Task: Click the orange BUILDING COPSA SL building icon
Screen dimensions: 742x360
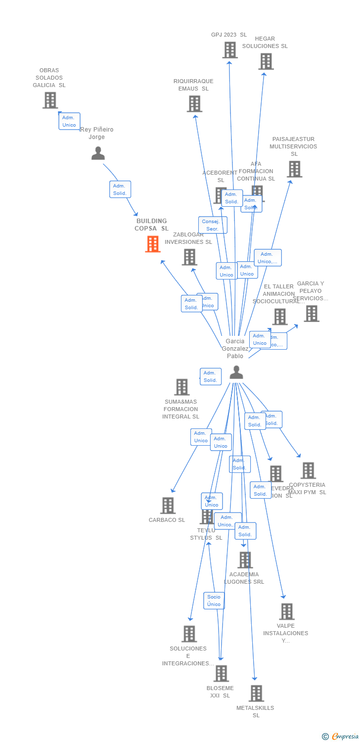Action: pyautogui.click(x=153, y=244)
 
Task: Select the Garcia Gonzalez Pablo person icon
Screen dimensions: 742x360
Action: pyautogui.click(x=236, y=372)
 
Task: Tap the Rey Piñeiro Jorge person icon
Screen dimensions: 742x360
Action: pyautogui.click(x=98, y=153)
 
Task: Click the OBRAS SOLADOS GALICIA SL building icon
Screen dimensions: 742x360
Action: pyautogui.click(x=50, y=100)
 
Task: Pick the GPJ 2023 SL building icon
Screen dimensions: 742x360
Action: pyautogui.click(x=230, y=50)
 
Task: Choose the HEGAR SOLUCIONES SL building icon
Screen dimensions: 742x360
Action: pyautogui.click(x=266, y=61)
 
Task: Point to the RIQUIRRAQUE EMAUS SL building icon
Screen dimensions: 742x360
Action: pyautogui.click(x=194, y=104)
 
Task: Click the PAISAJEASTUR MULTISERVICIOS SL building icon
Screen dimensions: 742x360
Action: pyautogui.click(x=294, y=169)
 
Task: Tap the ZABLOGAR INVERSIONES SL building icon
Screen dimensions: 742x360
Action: pyautogui.click(x=189, y=257)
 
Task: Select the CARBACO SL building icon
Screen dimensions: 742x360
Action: pyautogui.click(x=168, y=506)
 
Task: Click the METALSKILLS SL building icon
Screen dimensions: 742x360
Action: pyautogui.click(x=256, y=694)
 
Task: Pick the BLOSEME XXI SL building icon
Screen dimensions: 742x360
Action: pyautogui.click(x=221, y=673)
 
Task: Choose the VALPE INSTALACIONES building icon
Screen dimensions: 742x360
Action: pyautogui.click(x=287, y=612)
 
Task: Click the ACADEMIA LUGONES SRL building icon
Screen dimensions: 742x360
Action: pyautogui.click(x=245, y=560)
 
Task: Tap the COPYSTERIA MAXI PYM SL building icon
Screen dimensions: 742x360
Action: pyautogui.click(x=308, y=470)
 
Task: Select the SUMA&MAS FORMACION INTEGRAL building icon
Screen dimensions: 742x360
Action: pyautogui.click(x=182, y=387)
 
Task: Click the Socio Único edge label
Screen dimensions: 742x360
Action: pyautogui.click(x=214, y=601)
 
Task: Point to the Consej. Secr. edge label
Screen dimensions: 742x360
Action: pyautogui.click(x=213, y=225)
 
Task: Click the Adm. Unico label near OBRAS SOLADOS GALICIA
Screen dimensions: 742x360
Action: pyautogui.click(x=69, y=121)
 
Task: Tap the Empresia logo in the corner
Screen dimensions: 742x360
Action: pyautogui.click(x=342, y=737)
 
